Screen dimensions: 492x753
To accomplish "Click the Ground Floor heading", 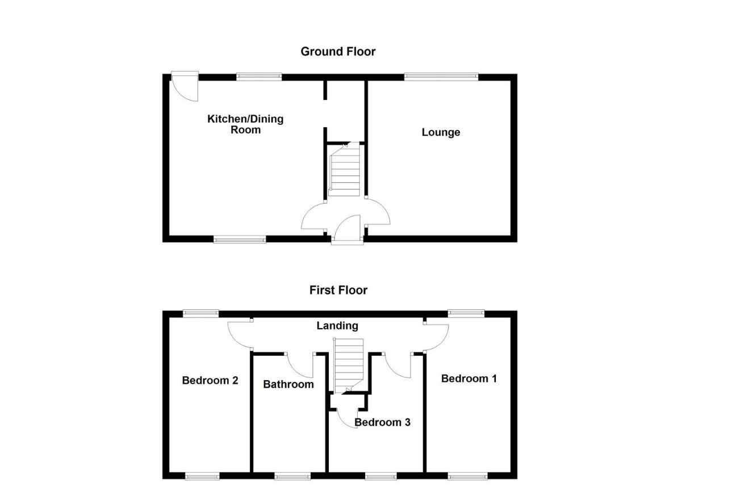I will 338,52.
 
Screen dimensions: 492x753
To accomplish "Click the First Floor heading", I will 338,290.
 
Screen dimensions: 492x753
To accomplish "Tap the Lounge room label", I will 441,132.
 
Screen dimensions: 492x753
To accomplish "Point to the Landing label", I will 337,326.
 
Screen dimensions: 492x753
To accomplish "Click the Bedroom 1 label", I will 469,379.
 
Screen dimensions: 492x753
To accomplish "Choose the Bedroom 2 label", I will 210,380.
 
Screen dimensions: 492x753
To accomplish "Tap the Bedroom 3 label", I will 382,422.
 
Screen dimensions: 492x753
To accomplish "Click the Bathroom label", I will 288,384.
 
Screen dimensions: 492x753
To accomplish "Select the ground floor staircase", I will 345,170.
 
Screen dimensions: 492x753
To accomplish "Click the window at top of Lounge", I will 441,77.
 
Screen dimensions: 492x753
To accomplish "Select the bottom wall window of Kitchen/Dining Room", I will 240,240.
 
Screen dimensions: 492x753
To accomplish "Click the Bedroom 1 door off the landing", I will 436,337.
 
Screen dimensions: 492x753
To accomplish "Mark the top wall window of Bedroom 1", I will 466,313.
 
